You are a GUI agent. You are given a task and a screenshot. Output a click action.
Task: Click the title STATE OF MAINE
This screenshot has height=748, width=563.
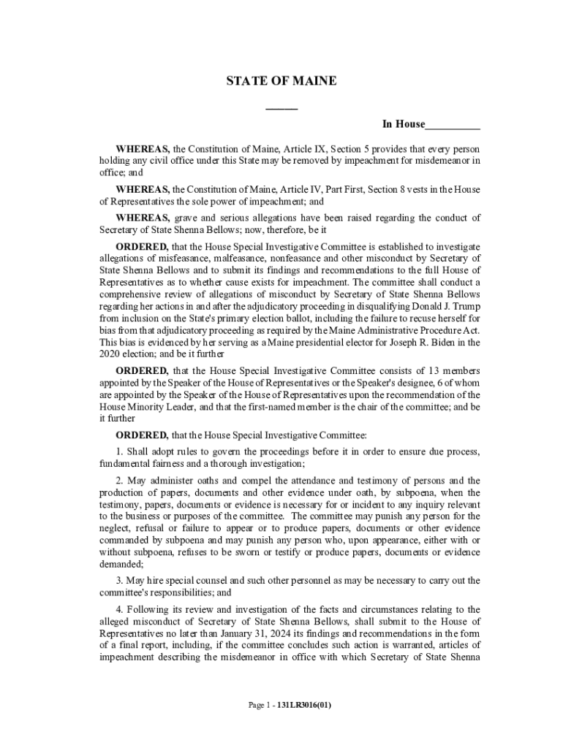[x=281, y=81]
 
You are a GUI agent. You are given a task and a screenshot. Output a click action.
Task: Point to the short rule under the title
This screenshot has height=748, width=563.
[x=281, y=110]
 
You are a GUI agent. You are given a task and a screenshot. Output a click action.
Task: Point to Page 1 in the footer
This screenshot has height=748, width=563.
[x=260, y=706]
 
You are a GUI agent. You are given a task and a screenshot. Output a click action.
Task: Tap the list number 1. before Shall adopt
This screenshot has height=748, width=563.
[x=121, y=451]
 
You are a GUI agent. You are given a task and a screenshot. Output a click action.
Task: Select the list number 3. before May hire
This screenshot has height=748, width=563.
[x=121, y=581]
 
